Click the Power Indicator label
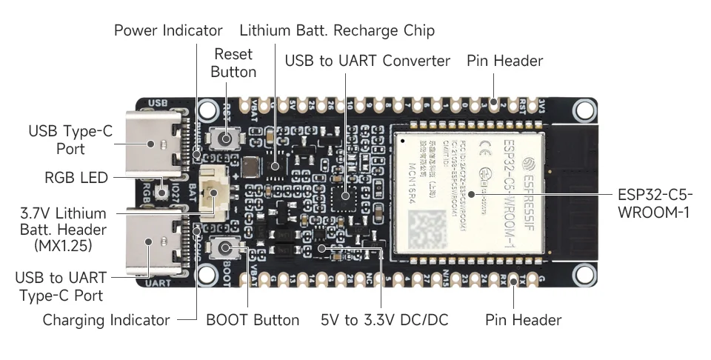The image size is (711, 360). [168, 30]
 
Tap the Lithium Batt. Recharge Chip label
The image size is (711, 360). [337, 30]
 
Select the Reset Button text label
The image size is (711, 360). [233, 63]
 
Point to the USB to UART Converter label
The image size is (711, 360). [367, 61]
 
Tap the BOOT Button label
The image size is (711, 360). [253, 320]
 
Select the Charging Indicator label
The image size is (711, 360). [107, 320]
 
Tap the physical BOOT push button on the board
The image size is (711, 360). [225, 249]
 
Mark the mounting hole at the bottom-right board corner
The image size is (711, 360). [584, 275]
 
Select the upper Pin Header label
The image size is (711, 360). [504, 61]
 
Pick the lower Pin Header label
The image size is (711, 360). [523, 320]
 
